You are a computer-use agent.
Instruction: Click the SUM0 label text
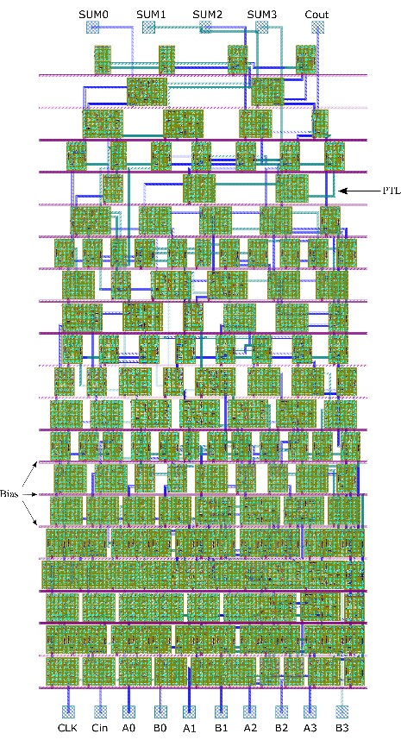pos(94,14)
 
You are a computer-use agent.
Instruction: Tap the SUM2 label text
pos(207,14)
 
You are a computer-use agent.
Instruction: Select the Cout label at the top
pos(316,14)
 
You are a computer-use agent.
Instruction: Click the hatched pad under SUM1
pos(149,28)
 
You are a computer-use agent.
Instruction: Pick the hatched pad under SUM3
pos(262,28)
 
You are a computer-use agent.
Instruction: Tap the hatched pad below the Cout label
pos(318,28)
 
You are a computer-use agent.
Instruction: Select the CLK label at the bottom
pos(68,728)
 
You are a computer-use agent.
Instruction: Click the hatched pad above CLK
pos(68,712)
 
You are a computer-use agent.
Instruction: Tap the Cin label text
pos(99,728)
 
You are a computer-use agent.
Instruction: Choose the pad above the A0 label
pos(128,712)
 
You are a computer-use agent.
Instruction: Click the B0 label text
pos(160,728)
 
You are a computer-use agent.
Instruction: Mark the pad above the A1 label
pos(189,712)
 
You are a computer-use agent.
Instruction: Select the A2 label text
pos(249,728)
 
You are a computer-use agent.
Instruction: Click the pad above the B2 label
pos(282,712)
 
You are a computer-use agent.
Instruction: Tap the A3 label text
pos(310,728)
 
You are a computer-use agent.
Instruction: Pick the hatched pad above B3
pos(341,712)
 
